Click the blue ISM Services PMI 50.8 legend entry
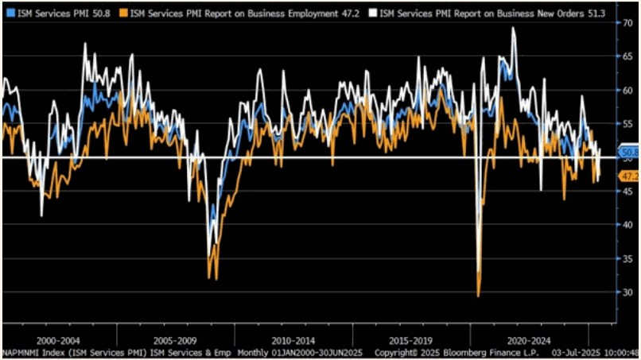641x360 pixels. [x=60, y=12]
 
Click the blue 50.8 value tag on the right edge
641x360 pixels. [x=630, y=152]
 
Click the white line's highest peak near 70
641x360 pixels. [x=513, y=28]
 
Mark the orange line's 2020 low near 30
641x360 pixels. [x=478, y=296]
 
